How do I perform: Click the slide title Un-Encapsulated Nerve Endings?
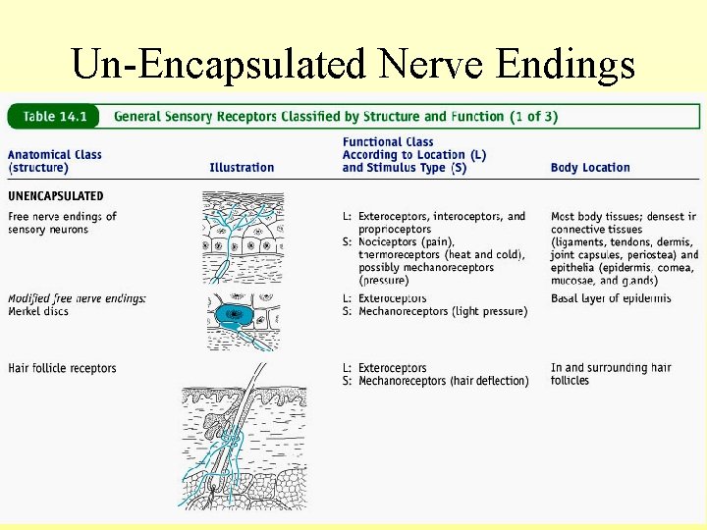click(353, 64)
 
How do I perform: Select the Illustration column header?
click(242, 168)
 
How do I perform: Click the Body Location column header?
click(590, 168)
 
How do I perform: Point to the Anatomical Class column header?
click(55, 161)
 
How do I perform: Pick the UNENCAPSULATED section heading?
click(56, 196)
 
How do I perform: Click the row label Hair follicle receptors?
click(62, 369)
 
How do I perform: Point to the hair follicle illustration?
click(242, 438)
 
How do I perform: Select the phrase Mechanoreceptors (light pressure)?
click(443, 311)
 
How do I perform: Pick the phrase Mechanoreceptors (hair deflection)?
click(444, 381)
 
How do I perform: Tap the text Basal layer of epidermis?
click(611, 298)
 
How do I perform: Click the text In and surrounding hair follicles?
click(611, 374)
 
